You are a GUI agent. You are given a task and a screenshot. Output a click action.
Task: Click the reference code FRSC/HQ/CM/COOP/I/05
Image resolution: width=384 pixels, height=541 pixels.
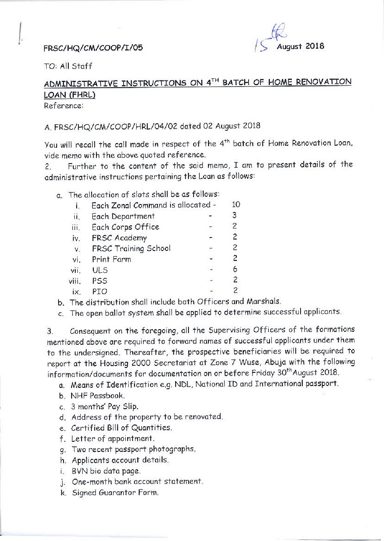[93, 48]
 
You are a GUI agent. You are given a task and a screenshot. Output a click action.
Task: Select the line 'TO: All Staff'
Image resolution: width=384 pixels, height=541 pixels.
[68, 66]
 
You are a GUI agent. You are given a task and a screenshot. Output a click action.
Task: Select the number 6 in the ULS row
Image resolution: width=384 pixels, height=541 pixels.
[235, 269]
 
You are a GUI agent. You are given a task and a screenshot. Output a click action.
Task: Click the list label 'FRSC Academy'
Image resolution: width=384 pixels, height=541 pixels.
[119, 238]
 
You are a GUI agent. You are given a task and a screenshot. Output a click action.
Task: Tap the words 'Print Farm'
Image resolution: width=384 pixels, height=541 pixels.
[111, 259]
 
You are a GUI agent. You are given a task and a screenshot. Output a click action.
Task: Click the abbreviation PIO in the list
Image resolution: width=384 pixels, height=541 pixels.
[100, 291]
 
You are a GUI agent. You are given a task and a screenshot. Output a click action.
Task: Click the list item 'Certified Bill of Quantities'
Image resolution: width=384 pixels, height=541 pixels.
[121, 428]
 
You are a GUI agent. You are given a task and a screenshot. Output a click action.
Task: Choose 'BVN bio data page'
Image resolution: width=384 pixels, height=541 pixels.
[106, 471]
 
